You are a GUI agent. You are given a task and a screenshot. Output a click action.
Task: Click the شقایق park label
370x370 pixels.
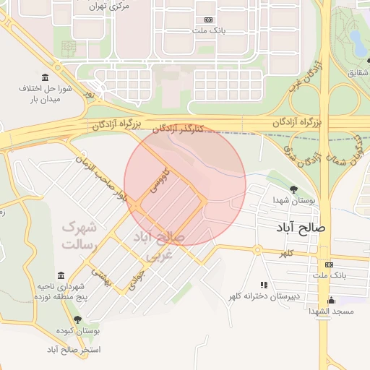[x=358, y=73]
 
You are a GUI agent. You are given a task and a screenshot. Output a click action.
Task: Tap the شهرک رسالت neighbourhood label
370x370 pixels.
[x=79, y=236]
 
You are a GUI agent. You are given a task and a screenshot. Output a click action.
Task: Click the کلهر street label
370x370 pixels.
[x=289, y=254]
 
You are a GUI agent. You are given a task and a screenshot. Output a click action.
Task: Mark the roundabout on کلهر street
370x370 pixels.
[x=257, y=250]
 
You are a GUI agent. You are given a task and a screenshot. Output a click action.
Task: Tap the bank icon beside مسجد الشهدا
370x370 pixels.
[x=330, y=264]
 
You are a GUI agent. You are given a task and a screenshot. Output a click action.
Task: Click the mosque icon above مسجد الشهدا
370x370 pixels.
[x=332, y=299]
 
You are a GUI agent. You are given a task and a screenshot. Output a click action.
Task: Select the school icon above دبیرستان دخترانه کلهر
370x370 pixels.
[x=264, y=285]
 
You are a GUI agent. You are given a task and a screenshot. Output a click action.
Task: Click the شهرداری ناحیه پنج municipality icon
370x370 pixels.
[x=61, y=275]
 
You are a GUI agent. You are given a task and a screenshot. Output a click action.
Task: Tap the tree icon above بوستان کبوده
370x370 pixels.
[x=77, y=319]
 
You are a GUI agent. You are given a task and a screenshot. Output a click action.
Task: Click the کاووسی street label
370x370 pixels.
[x=157, y=181]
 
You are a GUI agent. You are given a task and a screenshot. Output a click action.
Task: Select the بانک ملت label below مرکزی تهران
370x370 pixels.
[x=210, y=32]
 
